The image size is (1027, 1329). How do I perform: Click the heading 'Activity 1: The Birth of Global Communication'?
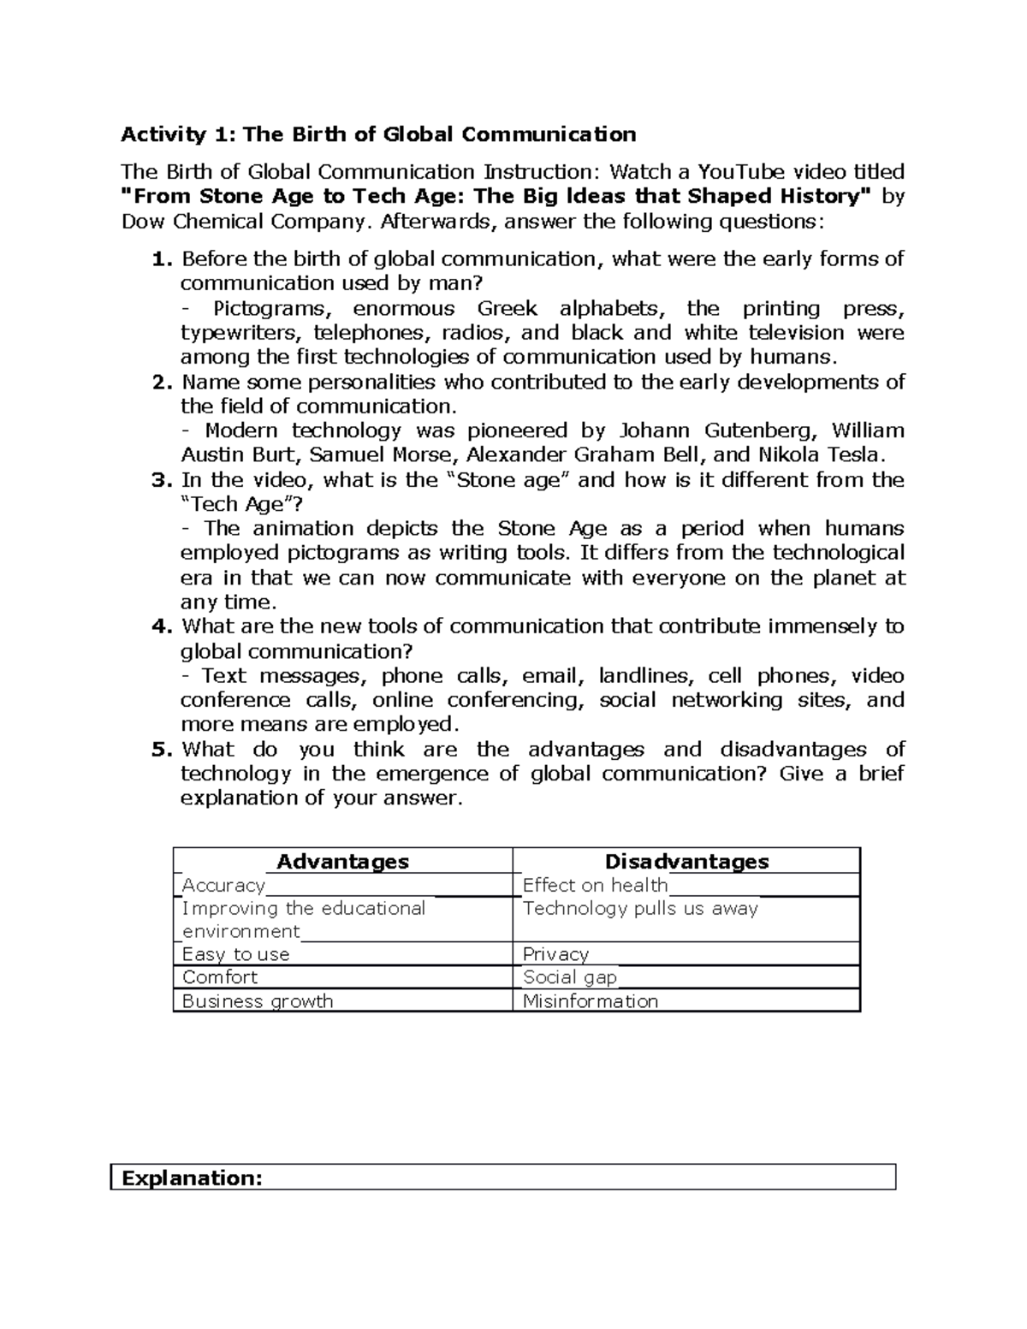click(x=378, y=134)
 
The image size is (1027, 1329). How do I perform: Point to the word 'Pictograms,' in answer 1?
click(x=270, y=308)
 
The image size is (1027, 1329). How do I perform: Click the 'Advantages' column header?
click(x=342, y=861)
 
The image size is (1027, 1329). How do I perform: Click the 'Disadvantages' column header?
click(x=686, y=861)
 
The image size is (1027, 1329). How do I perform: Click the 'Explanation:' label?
click(x=192, y=1178)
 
